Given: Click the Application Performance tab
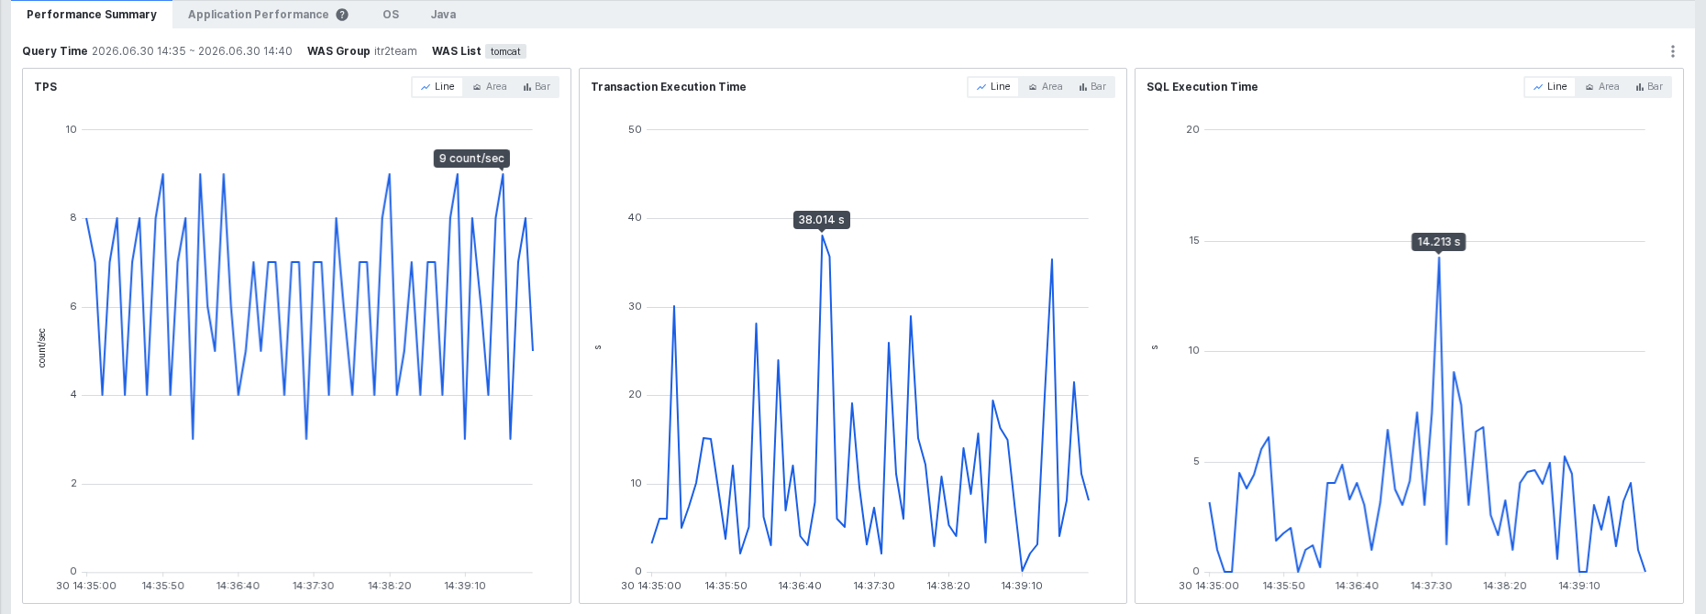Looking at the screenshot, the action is tap(258, 15).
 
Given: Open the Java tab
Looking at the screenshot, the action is tap(443, 15).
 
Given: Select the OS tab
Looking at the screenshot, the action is tap(391, 15).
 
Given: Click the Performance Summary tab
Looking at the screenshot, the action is tap(92, 15).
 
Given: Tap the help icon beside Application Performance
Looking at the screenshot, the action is tap(342, 15).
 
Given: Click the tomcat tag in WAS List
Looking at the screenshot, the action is tap(505, 51).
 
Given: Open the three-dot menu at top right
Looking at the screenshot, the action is tap(1673, 51).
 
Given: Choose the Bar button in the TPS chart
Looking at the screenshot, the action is tap(537, 87).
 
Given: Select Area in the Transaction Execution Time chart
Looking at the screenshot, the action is tap(1046, 87).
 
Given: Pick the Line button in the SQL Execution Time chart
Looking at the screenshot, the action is tap(1550, 87).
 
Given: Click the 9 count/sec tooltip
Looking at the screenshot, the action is tap(471, 159).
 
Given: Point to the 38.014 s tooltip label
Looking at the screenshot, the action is tap(821, 220).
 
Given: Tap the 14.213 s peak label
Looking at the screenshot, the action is tap(1438, 242).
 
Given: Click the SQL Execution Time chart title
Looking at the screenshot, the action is tap(1202, 87).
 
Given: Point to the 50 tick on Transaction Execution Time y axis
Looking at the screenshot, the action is tap(635, 129).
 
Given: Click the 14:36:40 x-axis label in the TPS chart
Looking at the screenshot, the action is tap(238, 586).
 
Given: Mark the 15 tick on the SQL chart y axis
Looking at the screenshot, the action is tap(1193, 240).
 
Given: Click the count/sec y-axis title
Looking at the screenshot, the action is tap(41, 348).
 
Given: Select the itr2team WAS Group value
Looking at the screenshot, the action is tap(395, 51).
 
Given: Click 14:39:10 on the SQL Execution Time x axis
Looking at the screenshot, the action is tap(1579, 586).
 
